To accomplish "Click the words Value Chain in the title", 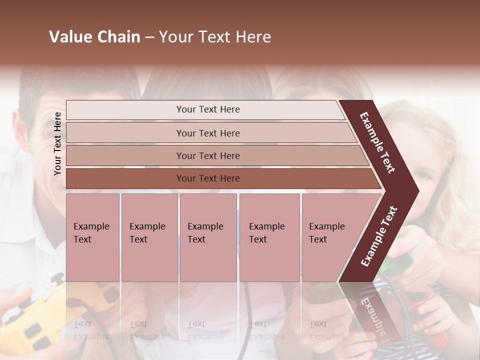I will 94,37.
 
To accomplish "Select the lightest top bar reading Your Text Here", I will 207,109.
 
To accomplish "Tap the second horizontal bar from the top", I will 207,133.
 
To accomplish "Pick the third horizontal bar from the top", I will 207,155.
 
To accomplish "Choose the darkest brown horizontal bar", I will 207,178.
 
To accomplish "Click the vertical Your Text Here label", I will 57,143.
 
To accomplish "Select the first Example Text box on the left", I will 92,237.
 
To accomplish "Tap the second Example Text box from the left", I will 149,237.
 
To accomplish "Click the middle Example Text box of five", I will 208,237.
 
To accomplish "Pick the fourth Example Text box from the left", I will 269,237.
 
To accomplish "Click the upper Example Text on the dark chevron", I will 378,142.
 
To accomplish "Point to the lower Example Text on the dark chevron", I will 379,236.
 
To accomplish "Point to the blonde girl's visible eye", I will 423,175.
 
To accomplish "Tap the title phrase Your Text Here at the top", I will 215,37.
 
